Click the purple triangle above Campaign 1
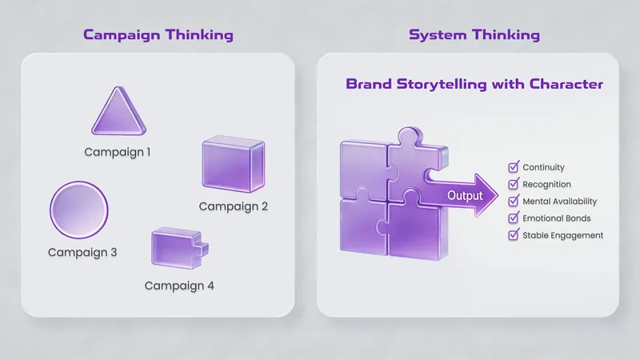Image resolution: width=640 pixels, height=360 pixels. click(118, 114)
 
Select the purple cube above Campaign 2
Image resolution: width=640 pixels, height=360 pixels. click(233, 165)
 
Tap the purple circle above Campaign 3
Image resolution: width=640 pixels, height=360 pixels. click(79, 211)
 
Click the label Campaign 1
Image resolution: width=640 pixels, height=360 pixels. click(118, 150)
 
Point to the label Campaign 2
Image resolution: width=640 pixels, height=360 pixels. click(233, 206)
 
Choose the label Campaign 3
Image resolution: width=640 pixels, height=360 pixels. click(82, 252)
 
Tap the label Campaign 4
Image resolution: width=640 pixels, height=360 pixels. click(179, 285)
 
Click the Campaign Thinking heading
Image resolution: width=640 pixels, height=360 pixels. click(158, 35)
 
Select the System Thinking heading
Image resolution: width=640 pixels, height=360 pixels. click(474, 35)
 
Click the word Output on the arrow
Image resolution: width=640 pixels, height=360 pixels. click(465, 195)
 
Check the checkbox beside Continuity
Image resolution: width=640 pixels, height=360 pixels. click(514, 167)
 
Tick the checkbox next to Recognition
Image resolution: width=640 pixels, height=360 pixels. click(514, 184)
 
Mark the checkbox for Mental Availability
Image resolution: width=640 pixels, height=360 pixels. click(514, 201)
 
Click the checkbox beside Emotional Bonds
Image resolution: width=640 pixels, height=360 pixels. click(514, 218)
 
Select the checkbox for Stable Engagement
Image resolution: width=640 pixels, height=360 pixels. click(514, 235)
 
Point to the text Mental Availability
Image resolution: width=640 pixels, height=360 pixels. click(559, 202)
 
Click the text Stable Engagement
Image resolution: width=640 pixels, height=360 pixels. click(562, 235)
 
